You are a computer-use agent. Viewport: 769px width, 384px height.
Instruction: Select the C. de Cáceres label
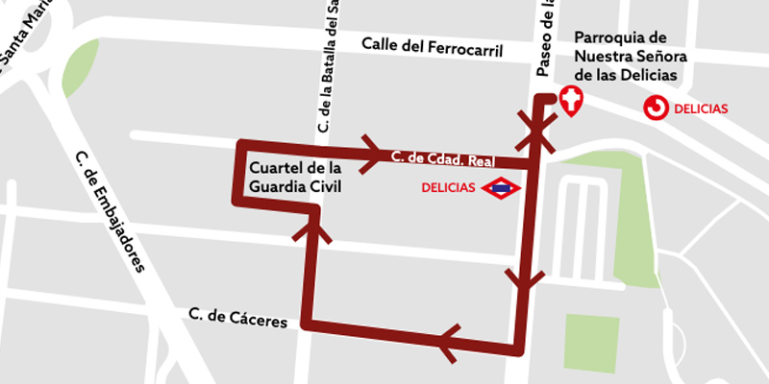(x=238, y=318)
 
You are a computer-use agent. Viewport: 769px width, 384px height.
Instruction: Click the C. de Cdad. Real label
(x=442, y=160)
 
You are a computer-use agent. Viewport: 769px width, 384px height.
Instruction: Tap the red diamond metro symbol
(x=502, y=188)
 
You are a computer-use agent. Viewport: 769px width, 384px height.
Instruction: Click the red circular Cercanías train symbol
(x=657, y=108)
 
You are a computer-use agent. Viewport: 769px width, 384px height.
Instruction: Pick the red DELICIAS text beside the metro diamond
(x=448, y=188)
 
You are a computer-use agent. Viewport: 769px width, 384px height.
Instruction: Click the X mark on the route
(x=535, y=131)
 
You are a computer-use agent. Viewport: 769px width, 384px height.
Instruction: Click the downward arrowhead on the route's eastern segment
(x=523, y=279)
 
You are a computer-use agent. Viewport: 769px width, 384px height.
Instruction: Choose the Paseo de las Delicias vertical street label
(x=544, y=38)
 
